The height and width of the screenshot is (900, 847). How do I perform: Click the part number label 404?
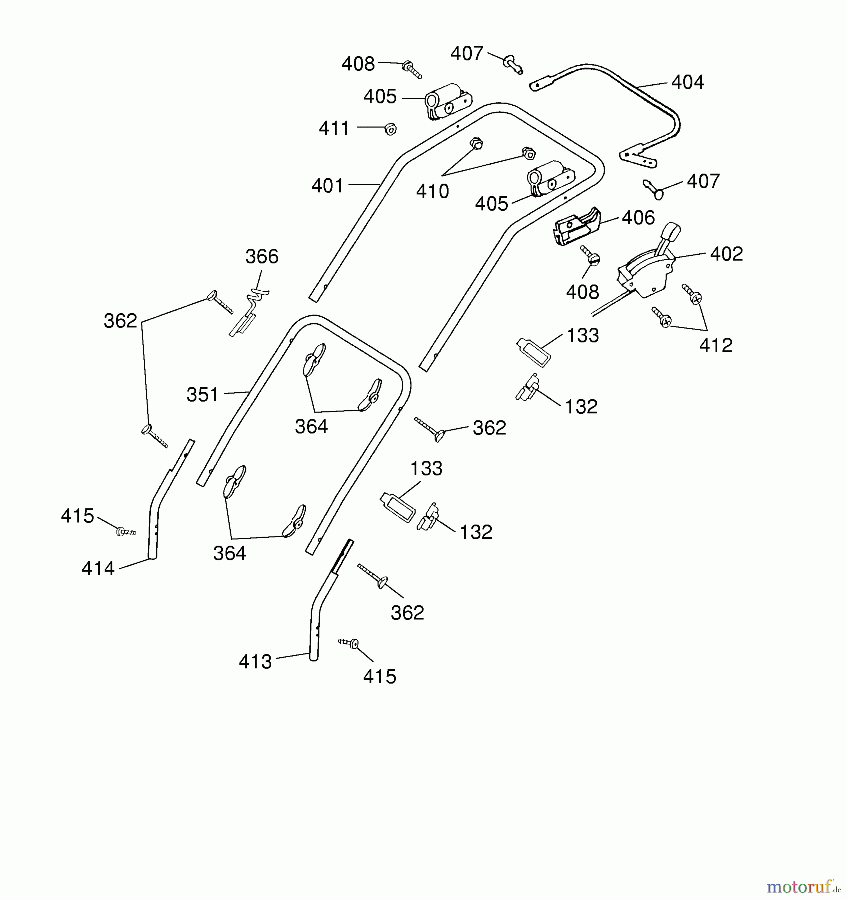[687, 82]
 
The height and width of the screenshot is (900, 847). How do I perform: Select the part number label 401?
[327, 186]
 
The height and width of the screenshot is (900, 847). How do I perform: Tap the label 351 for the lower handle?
[202, 395]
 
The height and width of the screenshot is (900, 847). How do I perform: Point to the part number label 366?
[262, 257]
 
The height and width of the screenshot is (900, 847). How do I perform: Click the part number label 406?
[638, 218]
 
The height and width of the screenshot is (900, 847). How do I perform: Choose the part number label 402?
[726, 254]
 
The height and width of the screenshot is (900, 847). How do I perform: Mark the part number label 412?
[716, 345]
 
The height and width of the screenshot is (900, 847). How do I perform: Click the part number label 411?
[334, 128]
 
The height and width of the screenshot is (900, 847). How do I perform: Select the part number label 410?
[432, 191]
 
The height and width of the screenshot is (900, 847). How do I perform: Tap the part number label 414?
[98, 568]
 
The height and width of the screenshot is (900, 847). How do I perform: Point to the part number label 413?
[255, 662]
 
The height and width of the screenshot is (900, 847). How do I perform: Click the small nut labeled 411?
[390, 129]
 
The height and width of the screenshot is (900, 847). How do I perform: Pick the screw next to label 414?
[126, 532]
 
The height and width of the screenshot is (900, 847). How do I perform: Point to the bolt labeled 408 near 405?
[412, 70]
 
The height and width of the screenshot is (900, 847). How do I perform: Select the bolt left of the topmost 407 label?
[513, 65]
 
